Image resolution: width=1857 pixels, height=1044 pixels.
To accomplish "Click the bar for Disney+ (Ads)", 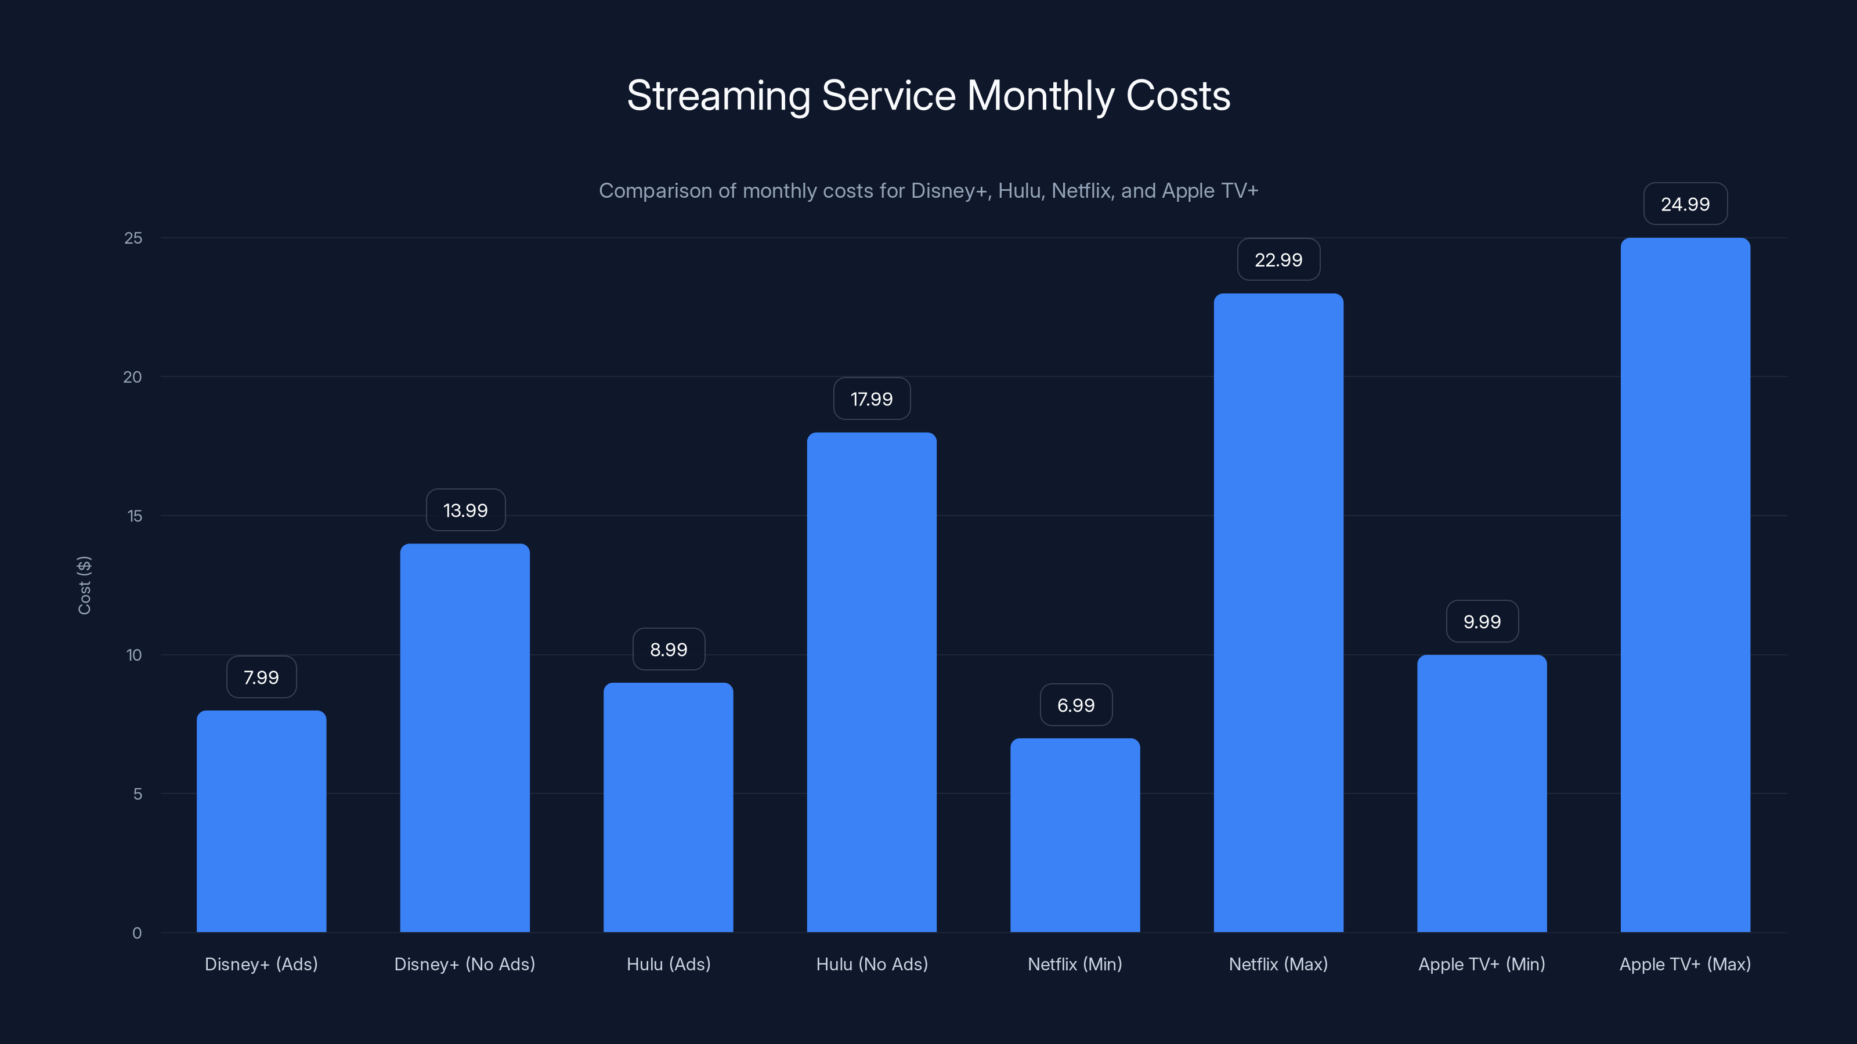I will pos(261,821).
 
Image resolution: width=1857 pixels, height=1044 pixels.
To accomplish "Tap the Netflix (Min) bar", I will pos(1075,835).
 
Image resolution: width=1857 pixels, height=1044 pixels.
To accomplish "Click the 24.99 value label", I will pos(1685,204).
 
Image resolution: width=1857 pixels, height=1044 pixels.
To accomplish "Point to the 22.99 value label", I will pos(1278,259).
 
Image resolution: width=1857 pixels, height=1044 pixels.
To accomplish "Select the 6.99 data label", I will pos(1075,705).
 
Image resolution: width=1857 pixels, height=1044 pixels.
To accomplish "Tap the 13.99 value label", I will pos(465,510).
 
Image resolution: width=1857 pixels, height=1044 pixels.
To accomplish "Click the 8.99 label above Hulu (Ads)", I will pos(669,649).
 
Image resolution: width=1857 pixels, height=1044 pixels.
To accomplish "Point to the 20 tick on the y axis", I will pos(133,377).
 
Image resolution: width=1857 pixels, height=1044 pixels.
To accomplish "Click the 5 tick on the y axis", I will pos(137,793).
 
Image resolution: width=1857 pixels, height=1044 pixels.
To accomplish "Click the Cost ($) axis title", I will pos(84,585).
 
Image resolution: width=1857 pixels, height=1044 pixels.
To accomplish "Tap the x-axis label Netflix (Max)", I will pos(1278,964).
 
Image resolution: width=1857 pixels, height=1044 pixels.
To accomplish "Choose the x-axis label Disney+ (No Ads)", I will pos(464,964).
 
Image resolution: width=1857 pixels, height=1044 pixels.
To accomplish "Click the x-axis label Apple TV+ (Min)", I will pos(1482,964).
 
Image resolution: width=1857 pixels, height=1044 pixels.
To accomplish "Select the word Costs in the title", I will pos(1178,96).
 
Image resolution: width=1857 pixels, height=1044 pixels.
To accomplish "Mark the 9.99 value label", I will pos(1482,621).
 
